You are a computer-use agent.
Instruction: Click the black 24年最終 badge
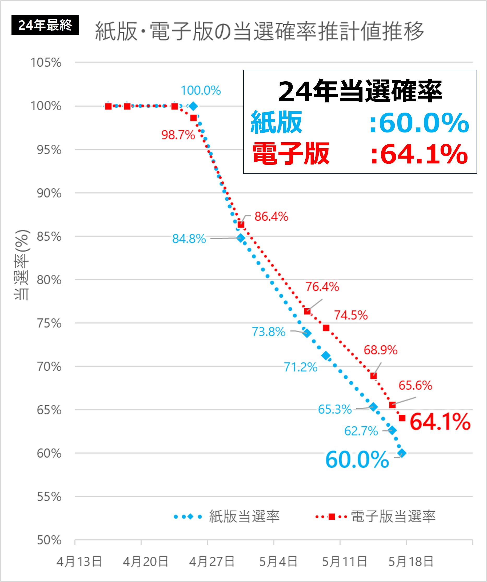[x=45, y=25]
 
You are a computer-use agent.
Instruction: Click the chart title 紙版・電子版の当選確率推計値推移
[x=259, y=31]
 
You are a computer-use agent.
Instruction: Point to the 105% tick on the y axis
[x=46, y=63]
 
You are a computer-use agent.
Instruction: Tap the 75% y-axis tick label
[x=49, y=323]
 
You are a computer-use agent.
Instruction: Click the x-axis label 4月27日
[x=212, y=562]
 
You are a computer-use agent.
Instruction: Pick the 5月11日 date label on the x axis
[x=344, y=562]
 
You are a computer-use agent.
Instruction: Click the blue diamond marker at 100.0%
[x=193, y=106]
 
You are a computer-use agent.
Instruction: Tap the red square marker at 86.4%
[x=241, y=224]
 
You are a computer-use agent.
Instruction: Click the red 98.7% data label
[x=178, y=135]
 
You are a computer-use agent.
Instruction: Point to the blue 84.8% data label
[x=189, y=239]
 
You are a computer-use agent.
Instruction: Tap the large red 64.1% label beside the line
[x=440, y=422]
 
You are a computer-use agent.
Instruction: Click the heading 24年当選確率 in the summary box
[x=360, y=91]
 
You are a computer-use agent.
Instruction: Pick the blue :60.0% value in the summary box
[x=419, y=122]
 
